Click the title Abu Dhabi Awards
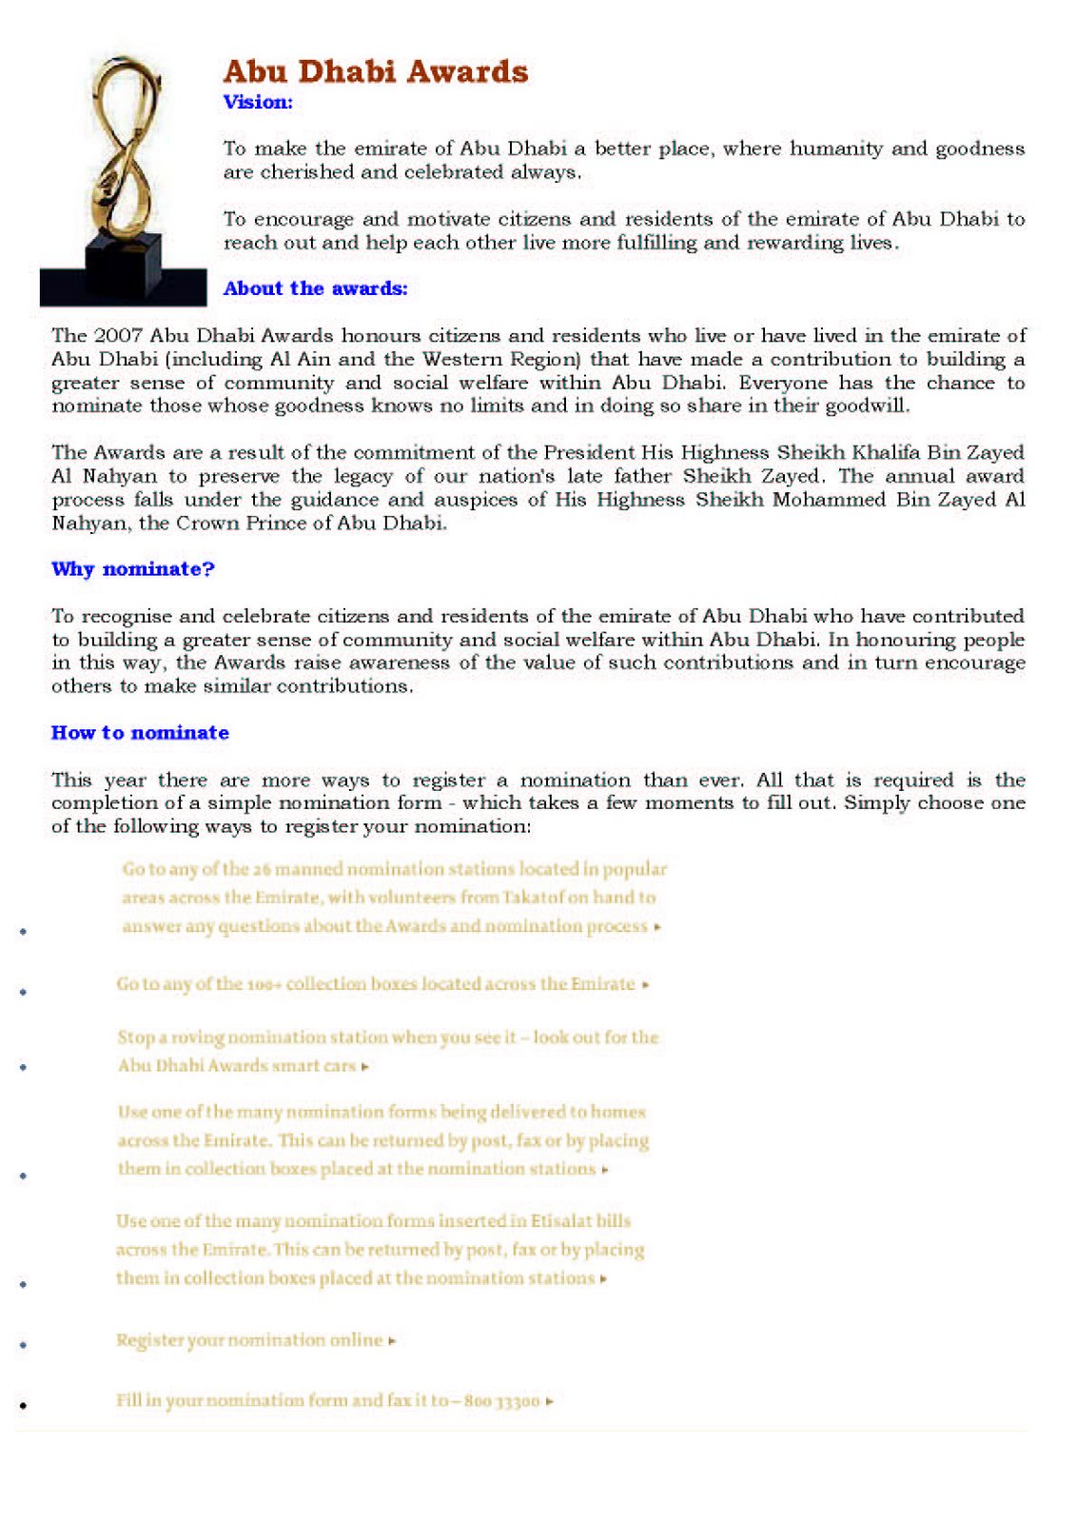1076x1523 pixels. (x=375, y=72)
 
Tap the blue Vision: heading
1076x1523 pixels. (x=258, y=102)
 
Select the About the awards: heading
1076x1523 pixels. (x=315, y=288)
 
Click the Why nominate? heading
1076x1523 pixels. (x=133, y=569)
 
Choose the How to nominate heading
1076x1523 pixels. (x=140, y=733)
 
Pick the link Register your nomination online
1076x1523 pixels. (x=249, y=1340)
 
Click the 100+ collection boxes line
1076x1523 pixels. (x=376, y=984)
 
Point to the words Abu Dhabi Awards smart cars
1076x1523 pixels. (x=237, y=1066)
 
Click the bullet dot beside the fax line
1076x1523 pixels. (x=23, y=1405)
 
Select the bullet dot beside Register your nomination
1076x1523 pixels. (x=23, y=1345)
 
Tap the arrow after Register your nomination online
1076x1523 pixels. (x=392, y=1341)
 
